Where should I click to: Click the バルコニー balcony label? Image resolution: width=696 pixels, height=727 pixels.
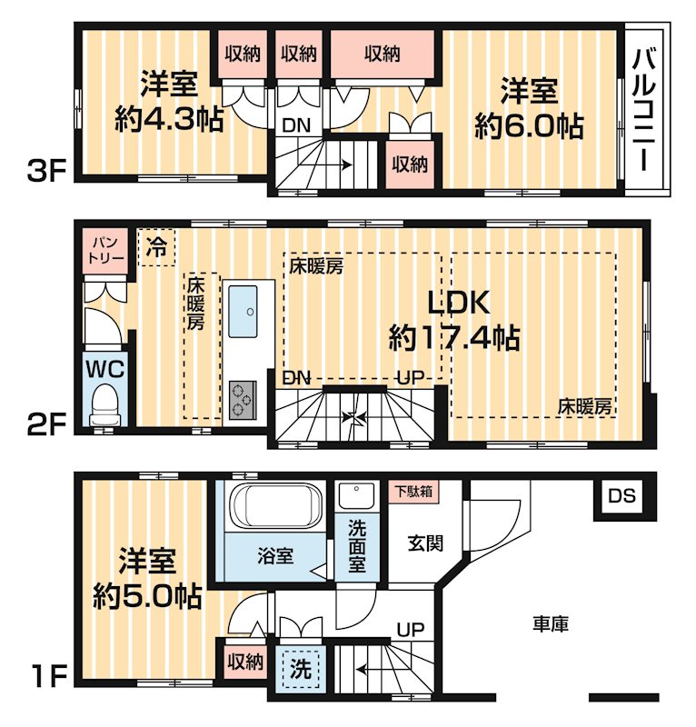pyautogui.click(x=646, y=109)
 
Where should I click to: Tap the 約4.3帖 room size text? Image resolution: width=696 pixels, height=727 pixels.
pyautogui.click(x=169, y=120)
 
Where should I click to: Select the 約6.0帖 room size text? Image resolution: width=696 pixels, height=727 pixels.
pyautogui.click(x=529, y=124)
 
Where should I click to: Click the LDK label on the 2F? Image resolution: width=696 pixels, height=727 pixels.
pyautogui.click(x=454, y=304)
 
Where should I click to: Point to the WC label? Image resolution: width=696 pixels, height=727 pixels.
pyautogui.click(x=105, y=369)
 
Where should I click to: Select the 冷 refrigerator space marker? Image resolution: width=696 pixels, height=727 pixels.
pyautogui.click(x=157, y=246)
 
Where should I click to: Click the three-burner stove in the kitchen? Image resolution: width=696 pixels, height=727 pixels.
pyautogui.click(x=244, y=399)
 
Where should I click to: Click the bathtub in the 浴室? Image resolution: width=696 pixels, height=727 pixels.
pyautogui.click(x=273, y=506)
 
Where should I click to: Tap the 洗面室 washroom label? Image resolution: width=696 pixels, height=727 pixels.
pyautogui.click(x=358, y=544)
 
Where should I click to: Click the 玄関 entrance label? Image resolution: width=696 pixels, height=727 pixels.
pyautogui.click(x=424, y=543)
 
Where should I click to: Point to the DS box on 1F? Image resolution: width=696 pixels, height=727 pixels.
pyautogui.click(x=622, y=496)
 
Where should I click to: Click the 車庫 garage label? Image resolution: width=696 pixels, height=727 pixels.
pyautogui.click(x=550, y=624)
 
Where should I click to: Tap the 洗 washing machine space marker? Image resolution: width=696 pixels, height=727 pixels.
pyautogui.click(x=301, y=670)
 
